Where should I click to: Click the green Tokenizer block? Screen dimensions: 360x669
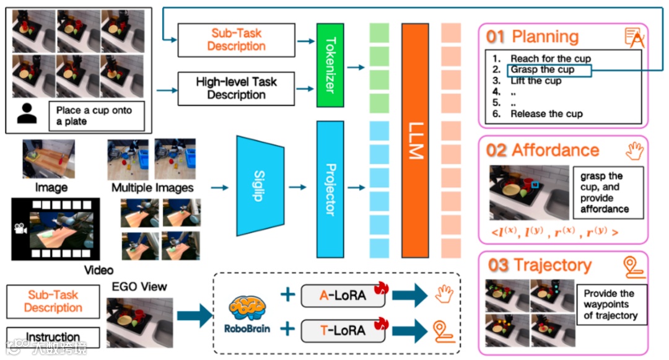[330, 65]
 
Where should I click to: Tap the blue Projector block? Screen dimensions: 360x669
[330, 189]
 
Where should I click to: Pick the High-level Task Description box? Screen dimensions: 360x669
[236, 89]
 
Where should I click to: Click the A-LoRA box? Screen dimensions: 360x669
[343, 296]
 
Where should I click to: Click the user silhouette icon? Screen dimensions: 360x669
[27, 113]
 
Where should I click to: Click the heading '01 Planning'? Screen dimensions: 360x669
[532, 37]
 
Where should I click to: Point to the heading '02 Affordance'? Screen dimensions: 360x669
[543, 151]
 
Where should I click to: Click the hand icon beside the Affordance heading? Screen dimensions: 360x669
[635, 150]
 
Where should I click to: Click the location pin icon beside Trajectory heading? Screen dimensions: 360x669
[634, 266]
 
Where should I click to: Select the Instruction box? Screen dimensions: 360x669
[53, 337]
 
